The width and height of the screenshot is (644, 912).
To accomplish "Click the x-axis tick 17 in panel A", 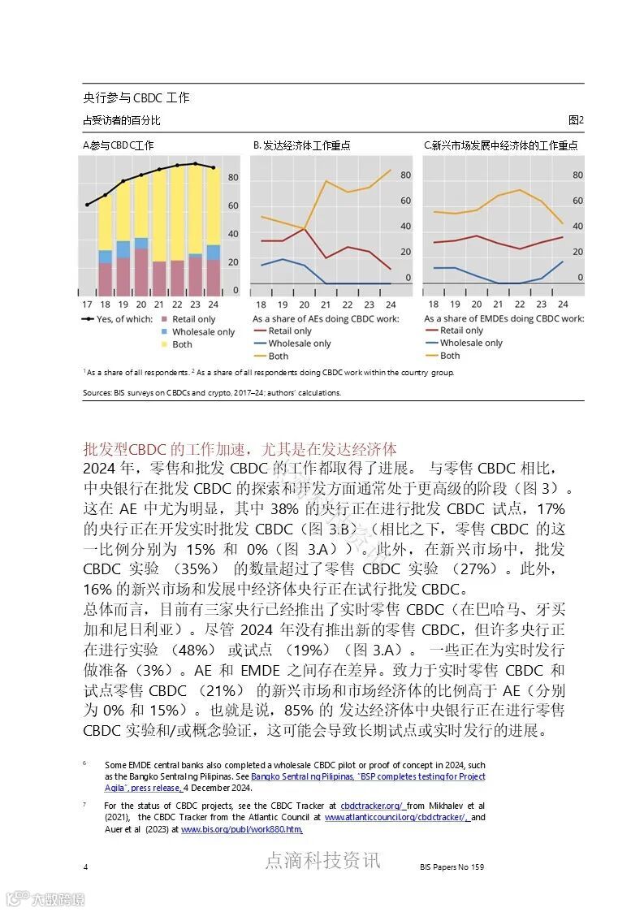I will point(87,304).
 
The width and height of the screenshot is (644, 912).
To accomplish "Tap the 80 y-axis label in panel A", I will point(233,178).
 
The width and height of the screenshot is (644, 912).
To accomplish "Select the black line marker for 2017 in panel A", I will point(87,205).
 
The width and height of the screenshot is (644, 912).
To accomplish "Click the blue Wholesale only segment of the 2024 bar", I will point(213,252).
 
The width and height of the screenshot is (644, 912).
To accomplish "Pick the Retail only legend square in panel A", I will point(165,320).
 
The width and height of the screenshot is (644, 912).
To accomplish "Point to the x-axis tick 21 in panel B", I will point(326,304).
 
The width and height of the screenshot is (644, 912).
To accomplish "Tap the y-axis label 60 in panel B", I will point(406,201).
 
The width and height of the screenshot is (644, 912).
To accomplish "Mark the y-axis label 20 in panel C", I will point(577,252).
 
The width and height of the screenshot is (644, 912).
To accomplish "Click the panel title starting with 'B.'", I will point(301,146).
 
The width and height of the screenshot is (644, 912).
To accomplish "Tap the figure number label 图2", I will point(576,120).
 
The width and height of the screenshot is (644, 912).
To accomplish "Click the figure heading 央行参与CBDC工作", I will point(136,97).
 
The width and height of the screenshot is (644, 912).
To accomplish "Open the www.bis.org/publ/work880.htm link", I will point(242,829).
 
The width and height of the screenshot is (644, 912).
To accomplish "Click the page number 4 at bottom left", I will point(85,867).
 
